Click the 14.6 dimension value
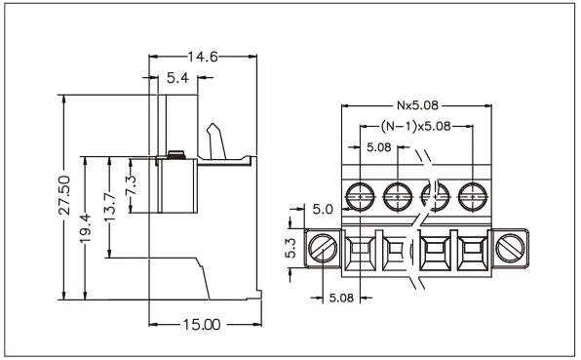[203, 57]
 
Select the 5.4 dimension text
[177, 78]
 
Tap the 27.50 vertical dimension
[64, 195]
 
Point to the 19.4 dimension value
[85, 228]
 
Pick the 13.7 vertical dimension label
[109, 207]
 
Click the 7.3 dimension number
[131, 185]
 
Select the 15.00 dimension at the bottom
[202, 325]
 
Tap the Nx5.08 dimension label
[417, 105]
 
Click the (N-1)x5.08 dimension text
[415, 127]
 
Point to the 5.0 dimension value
[323, 209]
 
